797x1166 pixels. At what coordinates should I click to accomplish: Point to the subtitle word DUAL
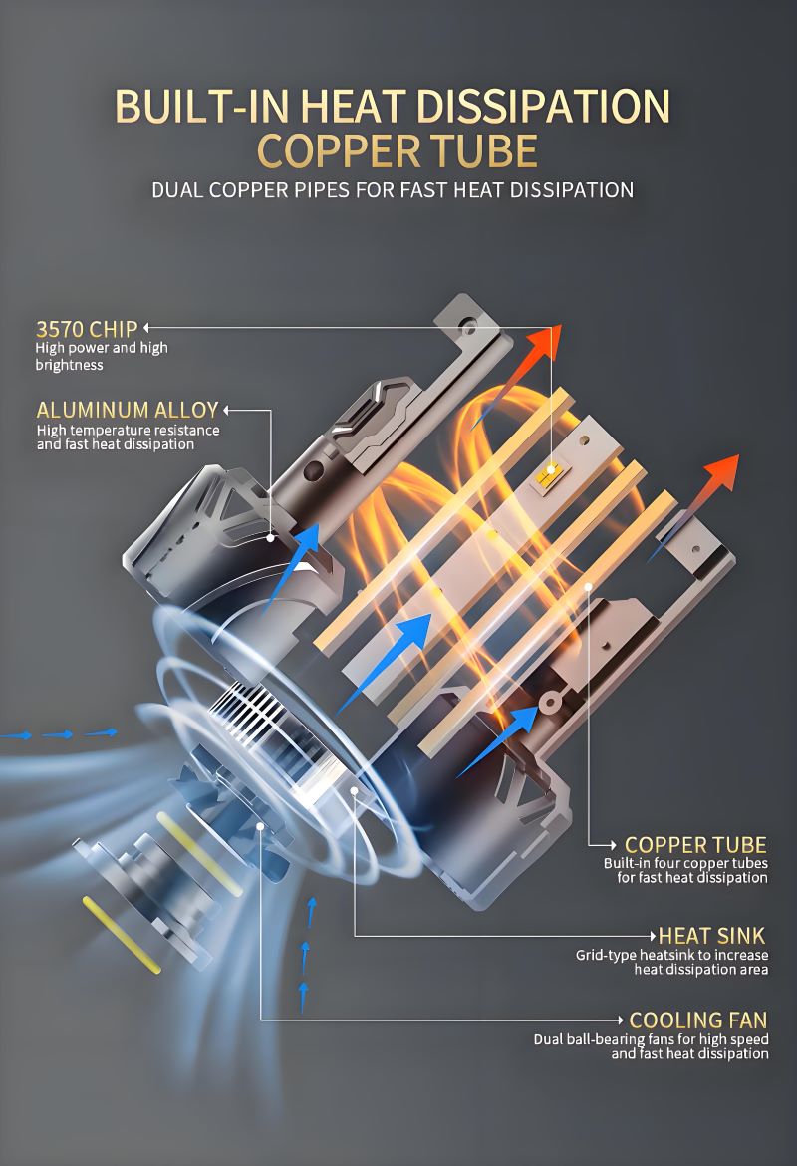tap(176, 189)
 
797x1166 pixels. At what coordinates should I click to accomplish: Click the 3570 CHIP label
tap(86, 328)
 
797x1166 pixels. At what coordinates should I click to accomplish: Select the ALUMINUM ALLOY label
tap(127, 410)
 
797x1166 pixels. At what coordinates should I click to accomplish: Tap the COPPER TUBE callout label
tap(695, 845)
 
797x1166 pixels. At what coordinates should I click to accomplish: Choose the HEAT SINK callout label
tap(711, 935)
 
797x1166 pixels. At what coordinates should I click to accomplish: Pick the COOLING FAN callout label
tap(697, 1020)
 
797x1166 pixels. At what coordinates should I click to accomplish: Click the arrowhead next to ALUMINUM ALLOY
tap(228, 410)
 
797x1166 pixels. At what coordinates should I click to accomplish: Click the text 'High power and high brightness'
tap(102, 356)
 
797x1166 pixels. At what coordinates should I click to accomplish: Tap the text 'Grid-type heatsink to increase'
tap(671, 955)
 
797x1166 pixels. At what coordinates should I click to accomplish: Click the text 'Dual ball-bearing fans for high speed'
tap(651, 1039)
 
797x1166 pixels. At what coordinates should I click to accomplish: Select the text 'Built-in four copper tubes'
tap(685, 863)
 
